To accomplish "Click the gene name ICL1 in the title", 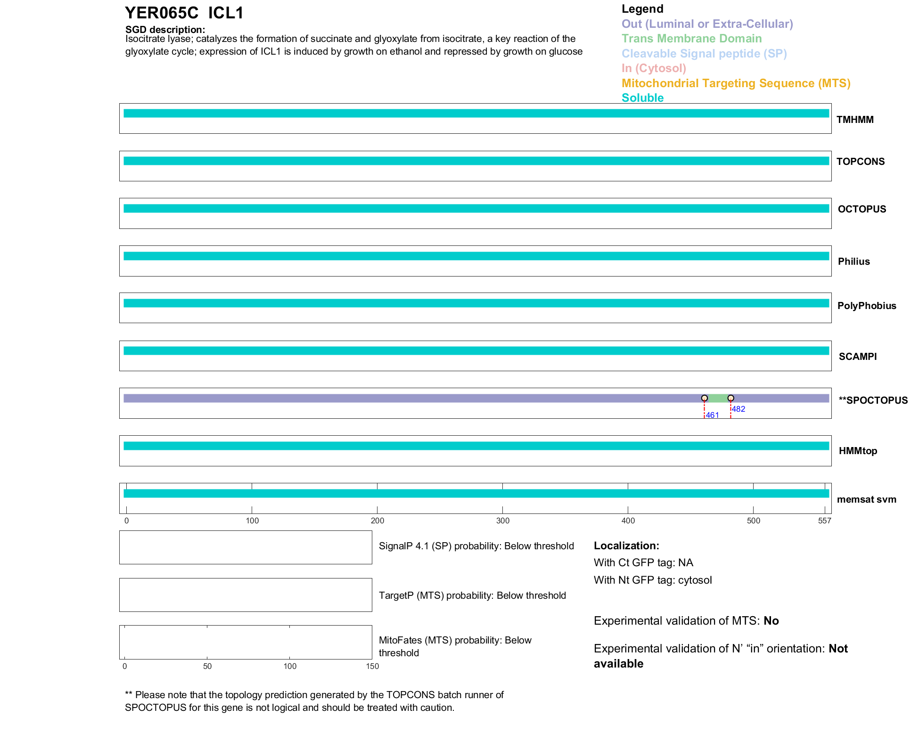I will point(226,13).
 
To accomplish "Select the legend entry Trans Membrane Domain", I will point(691,39).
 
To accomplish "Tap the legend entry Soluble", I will point(642,98).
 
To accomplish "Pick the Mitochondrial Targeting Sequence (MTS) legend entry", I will point(736,83).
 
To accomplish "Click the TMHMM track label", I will point(855,120).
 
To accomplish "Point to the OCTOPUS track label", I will point(862,209).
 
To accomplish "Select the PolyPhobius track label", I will point(866,306).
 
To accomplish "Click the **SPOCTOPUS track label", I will point(873,400).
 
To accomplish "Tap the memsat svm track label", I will point(866,499).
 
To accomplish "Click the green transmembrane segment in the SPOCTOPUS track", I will point(718,399).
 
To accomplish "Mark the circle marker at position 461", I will point(704,398).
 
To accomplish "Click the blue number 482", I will point(738,409).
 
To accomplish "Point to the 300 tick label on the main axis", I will point(503,521).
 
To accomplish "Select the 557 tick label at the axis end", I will point(824,521).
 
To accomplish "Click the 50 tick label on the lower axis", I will point(207,666).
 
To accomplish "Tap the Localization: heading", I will point(626,546).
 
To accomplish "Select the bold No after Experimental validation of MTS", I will point(771,621).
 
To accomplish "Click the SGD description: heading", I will point(165,30).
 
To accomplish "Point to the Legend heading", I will point(642,9).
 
